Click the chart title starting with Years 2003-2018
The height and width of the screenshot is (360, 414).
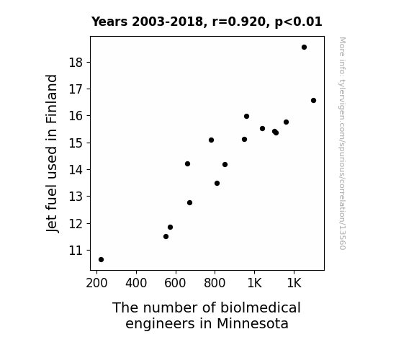pos(207,22)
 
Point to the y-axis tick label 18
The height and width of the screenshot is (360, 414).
pos(76,63)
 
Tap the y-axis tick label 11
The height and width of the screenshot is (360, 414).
pos(76,251)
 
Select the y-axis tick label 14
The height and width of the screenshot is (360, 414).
pos(76,170)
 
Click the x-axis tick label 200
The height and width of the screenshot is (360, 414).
pos(96,283)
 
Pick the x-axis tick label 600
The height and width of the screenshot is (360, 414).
pos(175,283)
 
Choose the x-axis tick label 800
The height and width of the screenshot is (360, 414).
pos(215,283)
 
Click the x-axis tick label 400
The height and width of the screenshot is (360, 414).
pos(136,283)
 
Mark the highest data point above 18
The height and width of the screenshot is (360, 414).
pos(304,48)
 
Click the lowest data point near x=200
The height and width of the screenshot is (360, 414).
pos(101,260)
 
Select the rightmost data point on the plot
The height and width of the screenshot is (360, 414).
pos(313,100)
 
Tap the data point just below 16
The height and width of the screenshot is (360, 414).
pos(247,116)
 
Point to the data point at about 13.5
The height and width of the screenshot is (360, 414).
pos(217,184)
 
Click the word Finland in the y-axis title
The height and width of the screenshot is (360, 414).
pos(52,99)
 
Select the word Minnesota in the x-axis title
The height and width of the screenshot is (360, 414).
pos(253,324)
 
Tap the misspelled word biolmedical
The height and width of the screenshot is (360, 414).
pos(261,307)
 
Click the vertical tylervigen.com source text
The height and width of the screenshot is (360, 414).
pos(343,143)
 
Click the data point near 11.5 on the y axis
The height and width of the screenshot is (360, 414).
pos(166,236)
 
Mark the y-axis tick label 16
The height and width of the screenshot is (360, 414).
pos(76,116)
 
